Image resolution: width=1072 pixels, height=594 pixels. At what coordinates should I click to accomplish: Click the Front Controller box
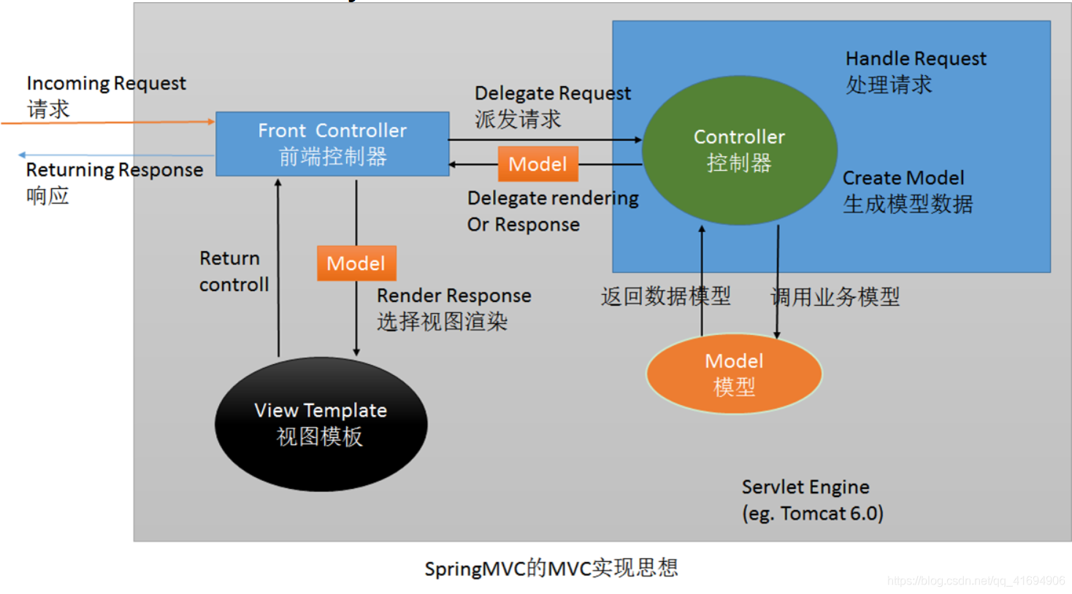[x=332, y=144]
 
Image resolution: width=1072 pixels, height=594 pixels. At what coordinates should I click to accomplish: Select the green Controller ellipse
[x=739, y=150]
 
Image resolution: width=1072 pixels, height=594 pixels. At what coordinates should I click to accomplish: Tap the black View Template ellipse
[x=321, y=423]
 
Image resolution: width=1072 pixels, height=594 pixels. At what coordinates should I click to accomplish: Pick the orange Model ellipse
[x=734, y=374]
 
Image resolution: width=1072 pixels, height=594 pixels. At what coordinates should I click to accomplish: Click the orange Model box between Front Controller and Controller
[x=537, y=163]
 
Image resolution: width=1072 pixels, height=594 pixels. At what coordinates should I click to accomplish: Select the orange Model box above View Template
[x=356, y=263]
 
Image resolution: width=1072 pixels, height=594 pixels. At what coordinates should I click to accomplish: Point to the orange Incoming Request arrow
[x=110, y=123]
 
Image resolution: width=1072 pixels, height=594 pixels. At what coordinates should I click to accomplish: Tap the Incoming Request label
[x=106, y=96]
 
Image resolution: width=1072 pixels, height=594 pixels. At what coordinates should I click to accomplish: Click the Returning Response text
[x=114, y=182]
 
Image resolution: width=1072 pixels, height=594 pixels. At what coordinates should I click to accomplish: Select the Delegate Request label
[x=552, y=106]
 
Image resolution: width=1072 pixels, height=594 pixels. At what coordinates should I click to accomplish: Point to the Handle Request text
[x=915, y=72]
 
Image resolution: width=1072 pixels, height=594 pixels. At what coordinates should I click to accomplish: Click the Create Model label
[x=907, y=191]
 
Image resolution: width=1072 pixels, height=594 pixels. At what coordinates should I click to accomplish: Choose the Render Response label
[x=453, y=308]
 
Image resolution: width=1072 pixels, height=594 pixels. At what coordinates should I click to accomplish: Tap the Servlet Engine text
[x=812, y=500]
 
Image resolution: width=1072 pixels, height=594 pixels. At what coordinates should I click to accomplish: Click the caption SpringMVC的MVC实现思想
[x=551, y=568]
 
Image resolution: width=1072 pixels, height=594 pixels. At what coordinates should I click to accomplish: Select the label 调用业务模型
[x=835, y=297]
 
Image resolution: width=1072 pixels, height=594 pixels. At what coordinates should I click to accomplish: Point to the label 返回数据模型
[x=665, y=296]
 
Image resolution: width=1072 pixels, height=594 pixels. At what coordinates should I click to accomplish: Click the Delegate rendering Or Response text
[x=552, y=211]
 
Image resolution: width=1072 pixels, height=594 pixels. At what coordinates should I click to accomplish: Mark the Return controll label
[x=234, y=271]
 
